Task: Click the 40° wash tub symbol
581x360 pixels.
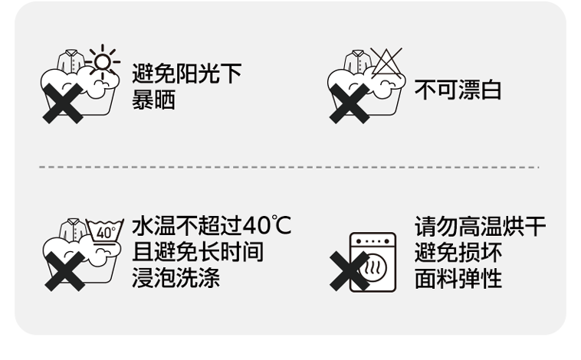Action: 105,231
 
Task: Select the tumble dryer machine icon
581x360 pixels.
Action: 373,261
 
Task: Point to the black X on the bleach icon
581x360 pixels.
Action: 349,103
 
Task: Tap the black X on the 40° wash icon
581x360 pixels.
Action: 64,270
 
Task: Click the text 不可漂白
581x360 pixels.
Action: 458,90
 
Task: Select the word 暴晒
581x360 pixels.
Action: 154,100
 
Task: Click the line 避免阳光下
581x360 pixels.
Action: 187,74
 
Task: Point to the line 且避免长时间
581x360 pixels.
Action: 198,251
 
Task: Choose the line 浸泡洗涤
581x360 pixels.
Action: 176,277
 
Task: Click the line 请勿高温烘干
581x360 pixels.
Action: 480,227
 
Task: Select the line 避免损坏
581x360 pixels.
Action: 458,251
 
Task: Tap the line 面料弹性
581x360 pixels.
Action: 458,277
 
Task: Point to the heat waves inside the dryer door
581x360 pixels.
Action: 374,270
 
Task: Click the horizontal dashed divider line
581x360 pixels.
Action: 290,166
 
